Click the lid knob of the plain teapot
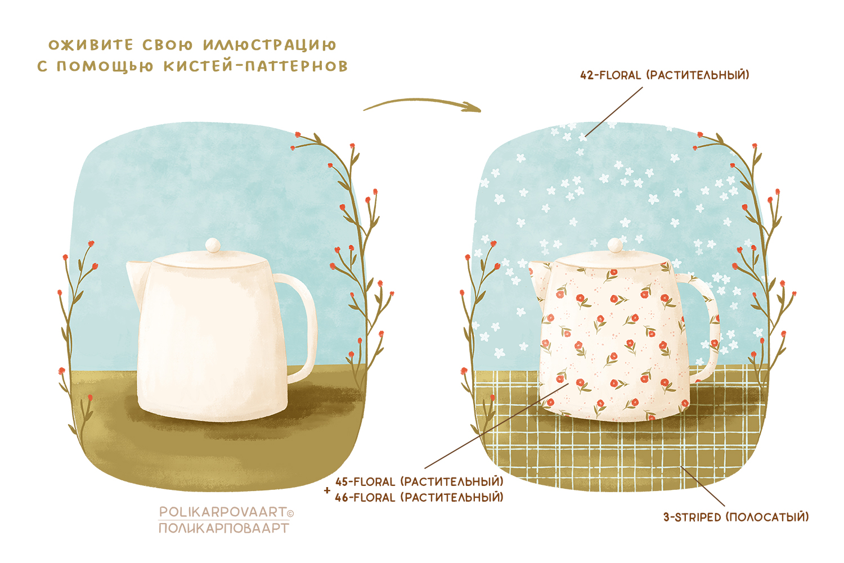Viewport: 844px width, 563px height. point(213,245)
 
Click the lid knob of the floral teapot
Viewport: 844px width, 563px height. point(615,245)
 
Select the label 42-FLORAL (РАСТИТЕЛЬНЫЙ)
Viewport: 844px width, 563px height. point(665,75)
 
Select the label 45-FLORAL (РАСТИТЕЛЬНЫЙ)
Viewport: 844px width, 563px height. point(419,482)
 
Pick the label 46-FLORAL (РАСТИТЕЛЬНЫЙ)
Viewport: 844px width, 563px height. point(419,498)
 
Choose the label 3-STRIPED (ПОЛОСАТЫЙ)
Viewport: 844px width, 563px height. point(735,517)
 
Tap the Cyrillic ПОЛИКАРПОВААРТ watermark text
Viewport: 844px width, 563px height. point(223,528)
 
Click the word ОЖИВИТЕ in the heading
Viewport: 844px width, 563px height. point(91,45)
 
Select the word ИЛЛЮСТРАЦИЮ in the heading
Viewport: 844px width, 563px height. point(270,45)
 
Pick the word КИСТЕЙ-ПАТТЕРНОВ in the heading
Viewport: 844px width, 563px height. point(255,66)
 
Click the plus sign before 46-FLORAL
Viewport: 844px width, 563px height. point(327,490)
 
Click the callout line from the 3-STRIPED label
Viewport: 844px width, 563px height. point(703,487)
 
